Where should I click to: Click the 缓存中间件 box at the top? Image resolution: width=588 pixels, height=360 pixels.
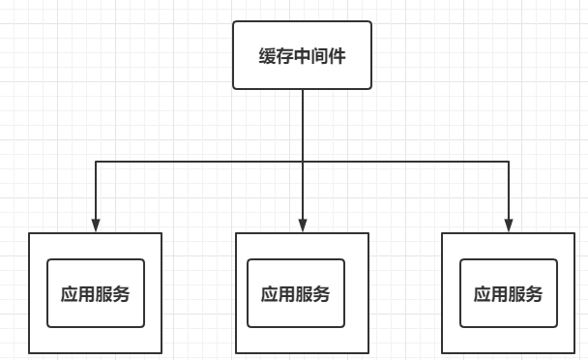[x=303, y=55]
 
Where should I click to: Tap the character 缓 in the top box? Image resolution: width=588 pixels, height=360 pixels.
[x=268, y=56]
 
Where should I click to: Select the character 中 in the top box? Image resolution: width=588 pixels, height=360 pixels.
[x=303, y=56]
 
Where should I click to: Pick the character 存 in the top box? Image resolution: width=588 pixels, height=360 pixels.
[x=285, y=56]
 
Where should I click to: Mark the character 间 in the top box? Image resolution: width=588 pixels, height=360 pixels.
[x=320, y=56]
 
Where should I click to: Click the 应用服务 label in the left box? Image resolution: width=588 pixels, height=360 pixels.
[x=96, y=293]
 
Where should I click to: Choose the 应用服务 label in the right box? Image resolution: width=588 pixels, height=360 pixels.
[x=508, y=294]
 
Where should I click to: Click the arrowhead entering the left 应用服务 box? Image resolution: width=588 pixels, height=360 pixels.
[x=96, y=226]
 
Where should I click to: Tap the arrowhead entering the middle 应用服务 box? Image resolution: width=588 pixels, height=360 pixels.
[x=303, y=226]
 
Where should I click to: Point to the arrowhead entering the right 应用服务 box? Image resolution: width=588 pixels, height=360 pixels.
[x=508, y=226]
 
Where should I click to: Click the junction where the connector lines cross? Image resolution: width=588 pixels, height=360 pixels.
[x=303, y=161]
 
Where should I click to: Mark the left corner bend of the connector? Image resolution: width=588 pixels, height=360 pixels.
[x=96, y=161]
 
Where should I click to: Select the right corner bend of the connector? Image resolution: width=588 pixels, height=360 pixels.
[x=508, y=161]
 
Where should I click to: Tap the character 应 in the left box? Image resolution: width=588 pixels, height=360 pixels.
[x=70, y=293]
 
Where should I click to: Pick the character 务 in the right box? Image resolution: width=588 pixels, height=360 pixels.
[x=534, y=294]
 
